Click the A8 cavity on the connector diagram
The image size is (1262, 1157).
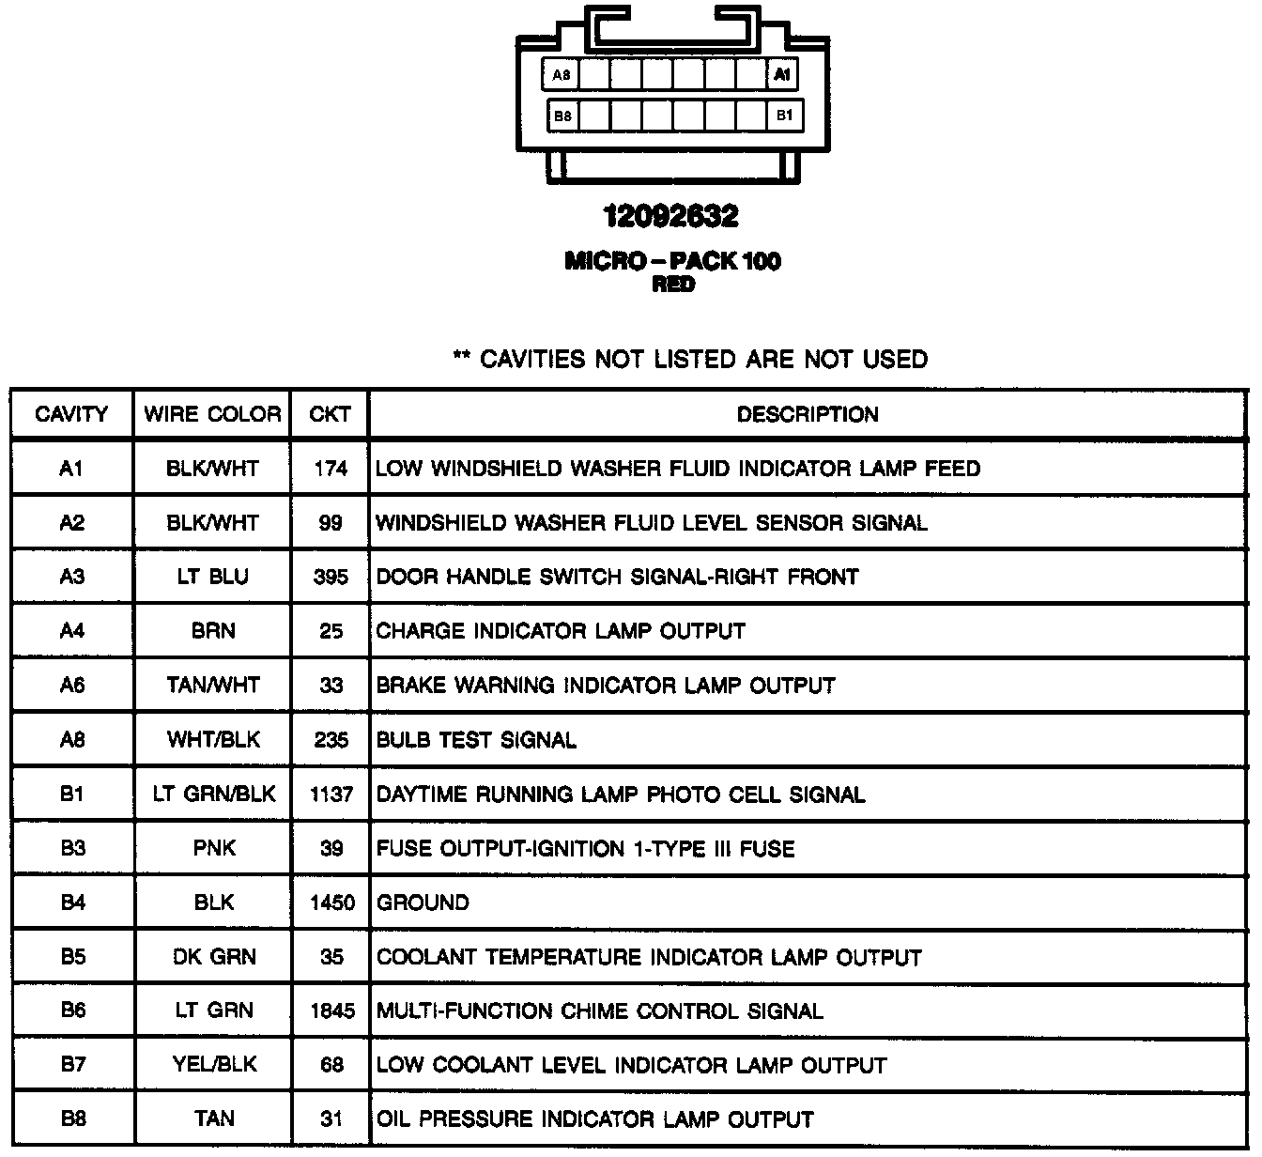pyautogui.click(x=562, y=75)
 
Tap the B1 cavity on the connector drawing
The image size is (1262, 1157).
pyautogui.click(x=784, y=116)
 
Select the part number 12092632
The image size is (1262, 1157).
pyautogui.click(x=670, y=217)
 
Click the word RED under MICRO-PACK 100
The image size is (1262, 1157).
pyautogui.click(x=673, y=285)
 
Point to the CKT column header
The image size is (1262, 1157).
pyautogui.click(x=330, y=414)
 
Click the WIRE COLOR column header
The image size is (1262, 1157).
pyautogui.click(x=212, y=414)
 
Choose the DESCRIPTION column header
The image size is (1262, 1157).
pyautogui.click(x=808, y=414)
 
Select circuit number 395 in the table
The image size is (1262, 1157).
pyautogui.click(x=331, y=577)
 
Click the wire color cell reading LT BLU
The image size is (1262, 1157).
pyautogui.click(x=213, y=577)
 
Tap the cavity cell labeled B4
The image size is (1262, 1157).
pyautogui.click(x=72, y=902)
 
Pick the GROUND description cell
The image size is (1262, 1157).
pyautogui.click(x=423, y=902)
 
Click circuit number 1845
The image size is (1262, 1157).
pyautogui.click(x=332, y=1011)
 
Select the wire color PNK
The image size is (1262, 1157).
pyautogui.click(x=214, y=849)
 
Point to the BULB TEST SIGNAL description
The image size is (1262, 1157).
pyautogui.click(x=476, y=740)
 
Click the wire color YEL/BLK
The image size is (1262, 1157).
pyautogui.click(x=214, y=1065)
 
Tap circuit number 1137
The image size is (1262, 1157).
pyautogui.click(x=331, y=794)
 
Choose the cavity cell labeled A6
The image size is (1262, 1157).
pyautogui.click(x=72, y=686)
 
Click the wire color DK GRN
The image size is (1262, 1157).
pyautogui.click(x=214, y=957)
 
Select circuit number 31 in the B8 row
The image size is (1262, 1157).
pyautogui.click(x=331, y=1119)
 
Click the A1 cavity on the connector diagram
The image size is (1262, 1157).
pyautogui.click(x=782, y=75)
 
